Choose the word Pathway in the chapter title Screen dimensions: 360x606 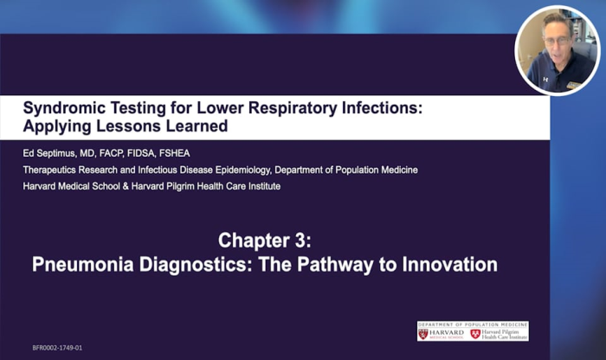[326, 264]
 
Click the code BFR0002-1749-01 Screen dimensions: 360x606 [57, 348]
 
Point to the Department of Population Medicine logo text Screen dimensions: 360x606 [473, 325]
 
